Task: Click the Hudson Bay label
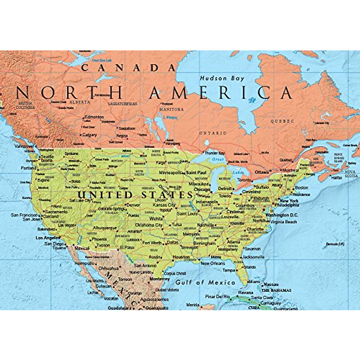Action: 222,78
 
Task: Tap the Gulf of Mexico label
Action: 205,282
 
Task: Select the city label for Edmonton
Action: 94,117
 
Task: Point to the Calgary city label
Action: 89,135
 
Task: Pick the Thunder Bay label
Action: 214,153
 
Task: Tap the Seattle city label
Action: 47,157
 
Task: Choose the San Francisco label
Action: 24,215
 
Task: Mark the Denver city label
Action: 133,205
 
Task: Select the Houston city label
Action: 181,257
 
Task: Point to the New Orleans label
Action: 213,263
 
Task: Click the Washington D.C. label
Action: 282,215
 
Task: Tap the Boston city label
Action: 301,188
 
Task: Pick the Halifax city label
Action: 336,178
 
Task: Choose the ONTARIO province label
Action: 213,133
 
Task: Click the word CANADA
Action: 128,68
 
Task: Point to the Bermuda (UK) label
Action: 335,244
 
